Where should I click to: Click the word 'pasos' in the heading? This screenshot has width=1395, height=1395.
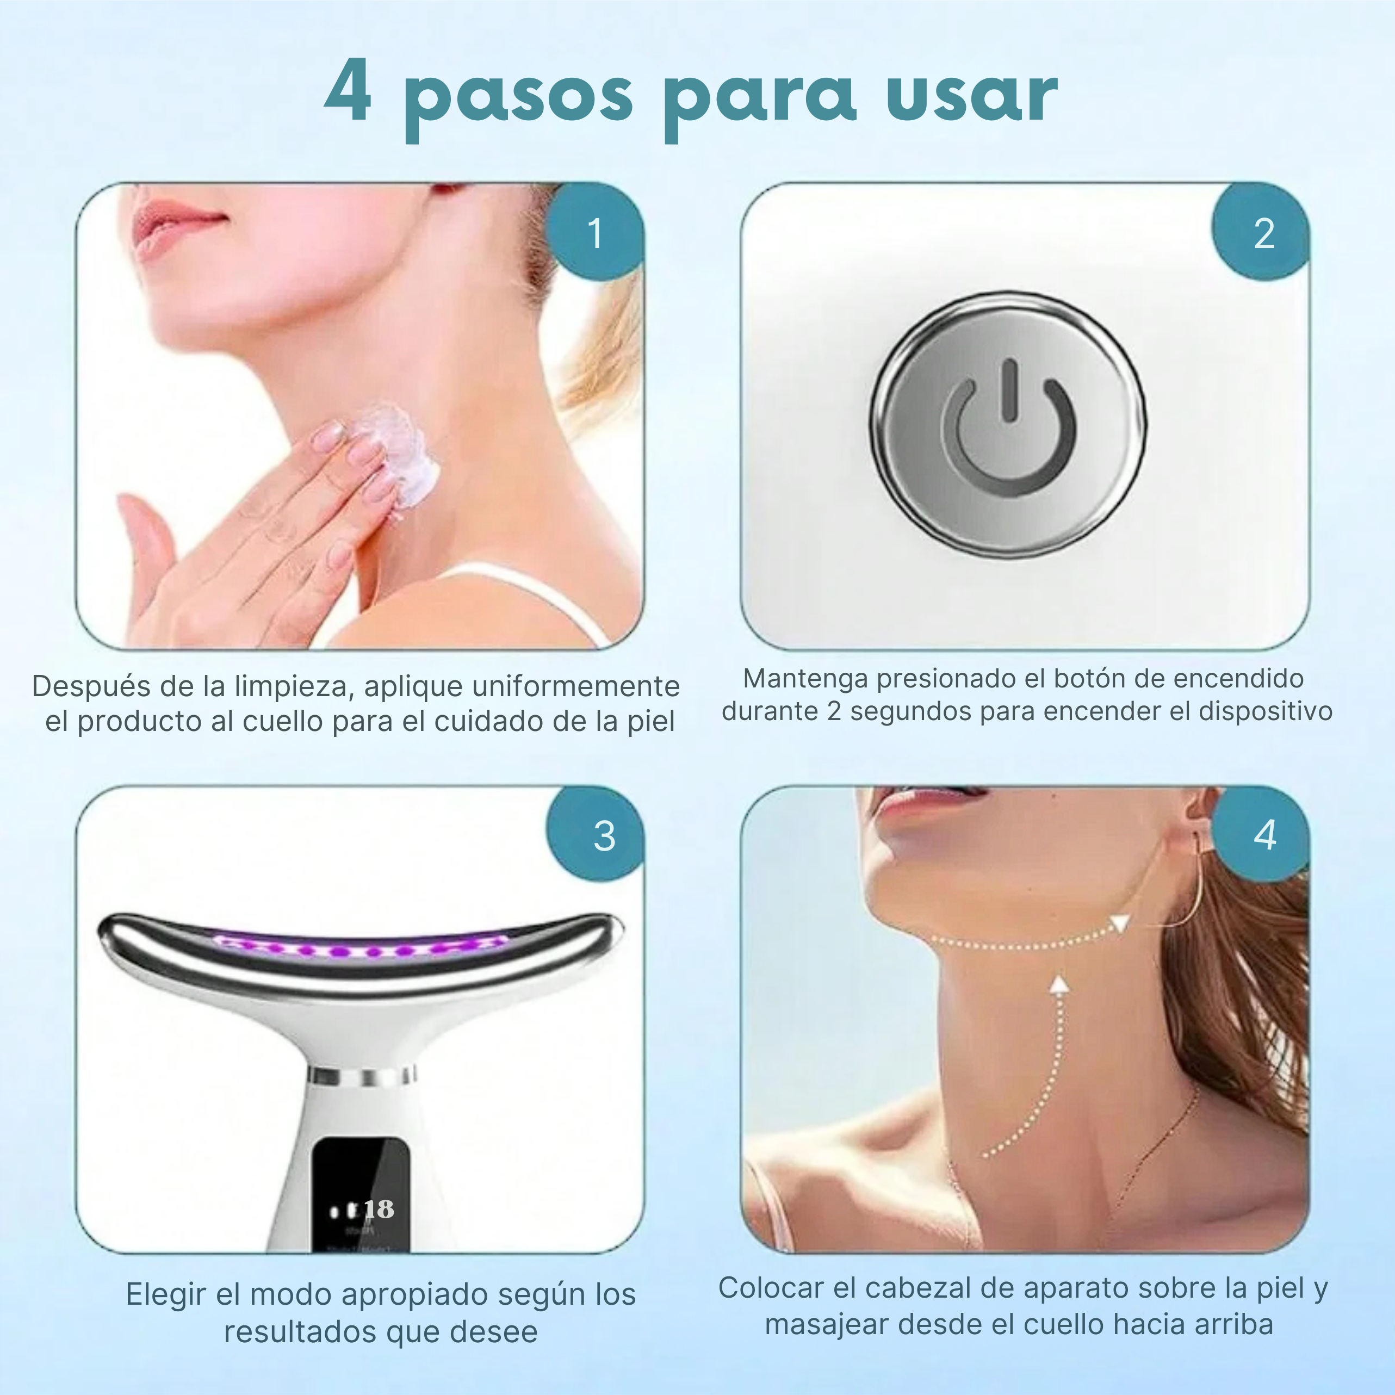point(518,101)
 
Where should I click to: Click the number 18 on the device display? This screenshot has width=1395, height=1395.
point(379,1208)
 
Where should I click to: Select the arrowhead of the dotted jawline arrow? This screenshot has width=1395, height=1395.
point(1119,923)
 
